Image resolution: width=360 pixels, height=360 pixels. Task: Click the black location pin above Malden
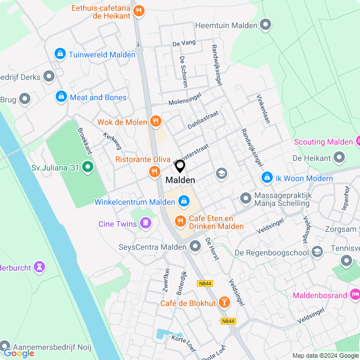pos(180,166)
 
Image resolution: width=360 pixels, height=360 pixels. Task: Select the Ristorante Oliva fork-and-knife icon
pos(153,172)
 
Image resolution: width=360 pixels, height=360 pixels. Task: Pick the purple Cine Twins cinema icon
pos(146,224)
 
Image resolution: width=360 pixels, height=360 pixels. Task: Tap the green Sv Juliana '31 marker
pos(87,166)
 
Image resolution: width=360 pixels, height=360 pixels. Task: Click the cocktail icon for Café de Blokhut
pos(224,303)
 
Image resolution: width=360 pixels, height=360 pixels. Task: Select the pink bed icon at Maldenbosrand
pos(354,294)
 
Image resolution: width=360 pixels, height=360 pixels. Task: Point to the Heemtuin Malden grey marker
pos(265,25)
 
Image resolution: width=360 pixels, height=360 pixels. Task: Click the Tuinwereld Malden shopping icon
pos(60,54)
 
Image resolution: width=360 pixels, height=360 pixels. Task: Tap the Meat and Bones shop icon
pos(61,97)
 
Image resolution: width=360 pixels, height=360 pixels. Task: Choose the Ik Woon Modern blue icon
pos(266,178)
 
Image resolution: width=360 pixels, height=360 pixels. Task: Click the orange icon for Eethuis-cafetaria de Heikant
pos(139,11)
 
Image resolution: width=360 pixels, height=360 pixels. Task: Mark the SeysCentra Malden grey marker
pos(195,246)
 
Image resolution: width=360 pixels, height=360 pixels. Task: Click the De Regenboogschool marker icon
pos(317,252)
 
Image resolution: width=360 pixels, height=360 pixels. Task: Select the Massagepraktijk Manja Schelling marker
pos(245,199)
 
